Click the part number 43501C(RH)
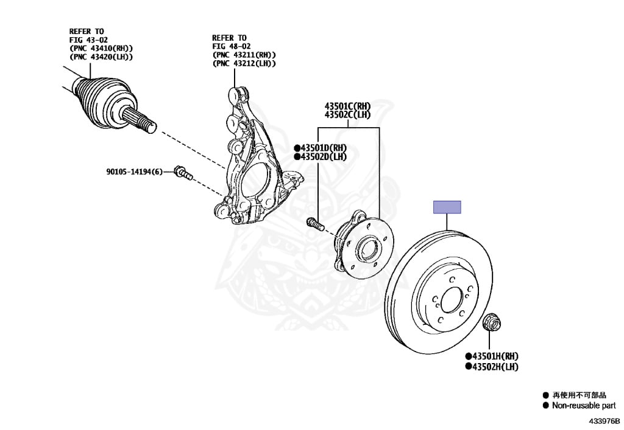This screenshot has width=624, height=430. [347, 106]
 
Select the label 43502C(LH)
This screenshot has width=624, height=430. [347, 114]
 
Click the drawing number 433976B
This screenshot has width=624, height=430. [604, 421]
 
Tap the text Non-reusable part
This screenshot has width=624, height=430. [583, 406]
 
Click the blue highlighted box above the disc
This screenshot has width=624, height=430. [447, 207]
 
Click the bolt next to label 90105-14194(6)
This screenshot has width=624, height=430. [182, 173]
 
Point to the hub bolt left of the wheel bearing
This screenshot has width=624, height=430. [314, 223]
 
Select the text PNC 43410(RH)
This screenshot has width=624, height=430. [101, 48]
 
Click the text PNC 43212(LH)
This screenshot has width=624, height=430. [244, 63]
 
